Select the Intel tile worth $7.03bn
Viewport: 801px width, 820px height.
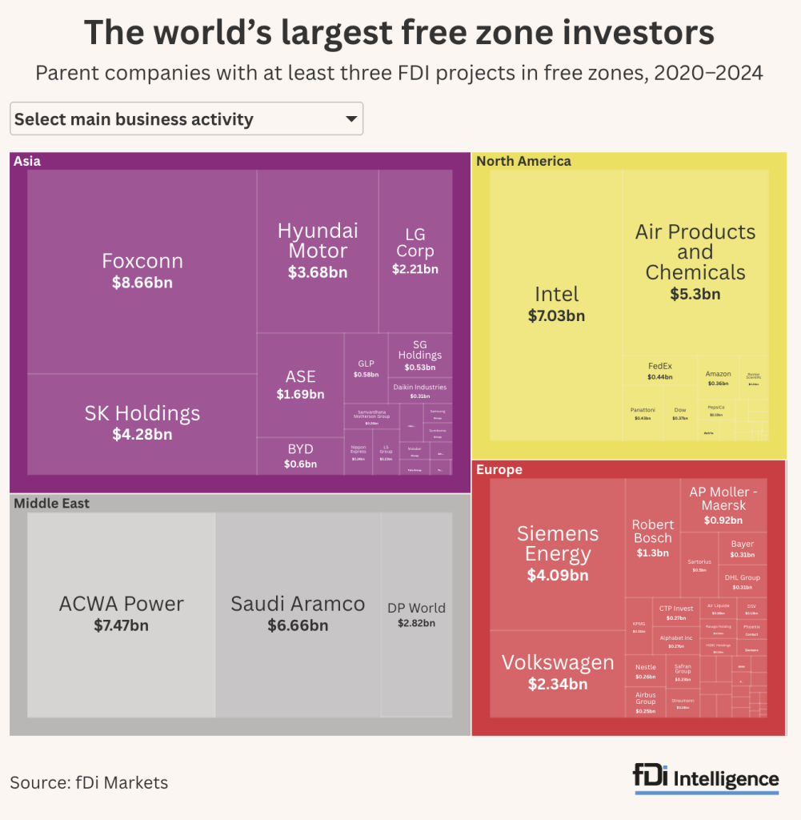pos(556,304)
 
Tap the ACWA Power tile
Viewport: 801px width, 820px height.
pos(122,613)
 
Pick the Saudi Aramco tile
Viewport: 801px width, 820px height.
pos(298,613)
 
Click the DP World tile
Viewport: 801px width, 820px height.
pos(416,614)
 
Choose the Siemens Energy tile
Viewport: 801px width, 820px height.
pos(558,553)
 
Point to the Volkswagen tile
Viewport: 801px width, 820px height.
pos(558,673)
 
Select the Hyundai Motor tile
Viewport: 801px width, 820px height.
pos(318,251)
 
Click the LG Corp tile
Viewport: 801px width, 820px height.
pos(415,251)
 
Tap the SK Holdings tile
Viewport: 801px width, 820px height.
pos(142,423)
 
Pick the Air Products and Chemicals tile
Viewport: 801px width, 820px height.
pos(695,261)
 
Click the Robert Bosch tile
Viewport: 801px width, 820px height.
pos(653,537)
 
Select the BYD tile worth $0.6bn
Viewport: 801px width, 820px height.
pos(300,456)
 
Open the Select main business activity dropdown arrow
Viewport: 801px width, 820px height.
pos(350,119)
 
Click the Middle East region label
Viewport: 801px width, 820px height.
pos(51,504)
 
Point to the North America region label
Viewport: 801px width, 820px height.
pos(523,161)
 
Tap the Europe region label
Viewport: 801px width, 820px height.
pos(499,470)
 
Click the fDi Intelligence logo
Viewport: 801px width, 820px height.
pos(706,779)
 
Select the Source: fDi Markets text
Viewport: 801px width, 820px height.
pos(89,782)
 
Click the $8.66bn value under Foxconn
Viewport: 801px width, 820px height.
pos(142,282)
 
